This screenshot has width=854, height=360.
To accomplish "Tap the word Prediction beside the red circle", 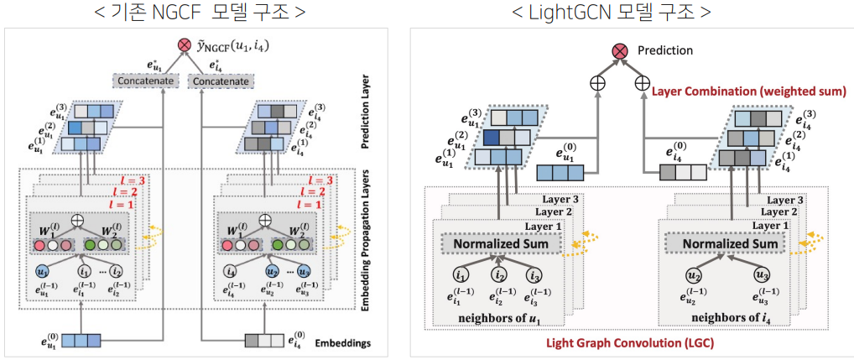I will click(x=665, y=50).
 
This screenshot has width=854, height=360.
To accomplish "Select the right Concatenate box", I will click(x=221, y=81).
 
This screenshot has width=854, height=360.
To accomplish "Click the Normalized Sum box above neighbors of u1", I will click(x=501, y=244).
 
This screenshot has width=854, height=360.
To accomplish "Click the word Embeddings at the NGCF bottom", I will click(x=339, y=342).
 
